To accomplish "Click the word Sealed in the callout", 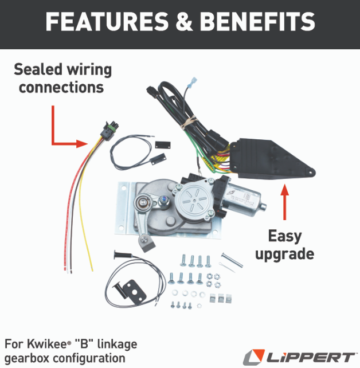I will coord(38,70).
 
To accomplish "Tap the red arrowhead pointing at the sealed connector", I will coord(82,143).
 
